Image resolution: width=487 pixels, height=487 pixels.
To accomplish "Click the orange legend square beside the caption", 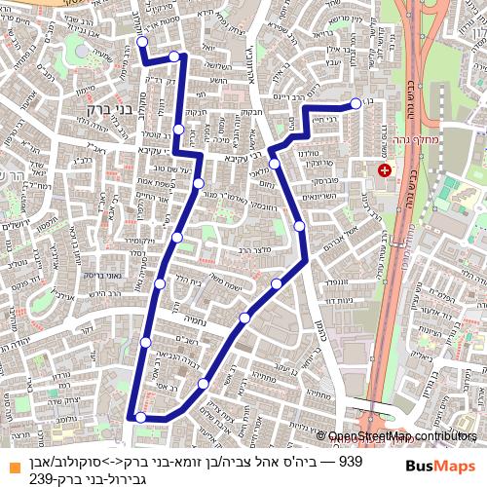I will [x=13, y=462].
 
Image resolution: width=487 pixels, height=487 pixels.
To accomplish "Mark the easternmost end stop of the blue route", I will [x=356, y=103].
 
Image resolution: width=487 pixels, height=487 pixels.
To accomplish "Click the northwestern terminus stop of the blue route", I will [x=142, y=43].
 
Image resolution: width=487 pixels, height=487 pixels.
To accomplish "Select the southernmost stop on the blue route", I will [x=140, y=417].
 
